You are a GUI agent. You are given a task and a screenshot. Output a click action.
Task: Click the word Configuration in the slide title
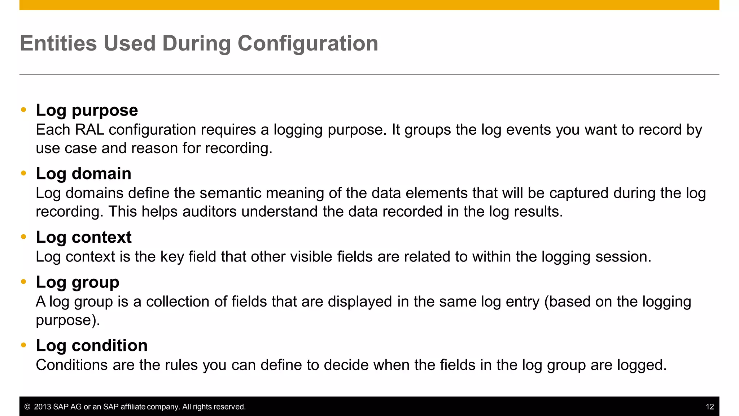[307, 44]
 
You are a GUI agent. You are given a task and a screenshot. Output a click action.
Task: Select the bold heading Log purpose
[87, 110]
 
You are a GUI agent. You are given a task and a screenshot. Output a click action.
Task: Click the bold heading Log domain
[83, 174]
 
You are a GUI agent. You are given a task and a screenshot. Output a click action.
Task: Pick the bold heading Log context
[83, 237]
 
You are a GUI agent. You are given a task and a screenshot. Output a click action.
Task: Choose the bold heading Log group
[77, 282]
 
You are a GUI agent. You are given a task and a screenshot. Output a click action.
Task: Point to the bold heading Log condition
[92, 346]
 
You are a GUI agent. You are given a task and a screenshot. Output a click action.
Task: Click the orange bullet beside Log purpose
[24, 110]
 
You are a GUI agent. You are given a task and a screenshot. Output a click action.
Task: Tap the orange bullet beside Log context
[24, 237]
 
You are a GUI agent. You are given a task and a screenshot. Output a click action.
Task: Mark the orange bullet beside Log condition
[24, 345]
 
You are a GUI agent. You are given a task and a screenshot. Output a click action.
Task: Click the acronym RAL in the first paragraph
[89, 130]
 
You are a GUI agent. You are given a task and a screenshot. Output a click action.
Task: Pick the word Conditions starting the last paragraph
[71, 365]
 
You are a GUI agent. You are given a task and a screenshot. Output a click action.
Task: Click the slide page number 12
[709, 407]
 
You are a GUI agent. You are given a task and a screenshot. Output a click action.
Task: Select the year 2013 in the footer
[42, 407]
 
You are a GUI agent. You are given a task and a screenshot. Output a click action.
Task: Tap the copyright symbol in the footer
[27, 407]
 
